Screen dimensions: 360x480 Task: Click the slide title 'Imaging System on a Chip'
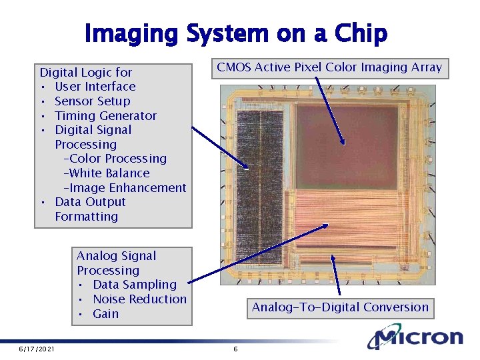point(236,33)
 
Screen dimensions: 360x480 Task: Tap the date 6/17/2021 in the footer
point(37,349)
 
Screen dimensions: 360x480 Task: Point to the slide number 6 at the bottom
point(235,349)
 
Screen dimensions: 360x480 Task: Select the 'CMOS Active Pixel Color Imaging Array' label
point(329,67)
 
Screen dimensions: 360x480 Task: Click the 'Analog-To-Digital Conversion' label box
point(340,307)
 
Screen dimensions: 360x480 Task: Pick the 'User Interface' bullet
point(95,87)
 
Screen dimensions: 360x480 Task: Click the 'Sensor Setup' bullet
point(92,101)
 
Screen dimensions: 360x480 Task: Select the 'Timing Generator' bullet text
point(105,116)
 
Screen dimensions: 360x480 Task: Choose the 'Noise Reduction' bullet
point(139,299)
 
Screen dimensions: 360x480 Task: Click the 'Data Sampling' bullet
point(135,285)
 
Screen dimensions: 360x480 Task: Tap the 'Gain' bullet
point(105,314)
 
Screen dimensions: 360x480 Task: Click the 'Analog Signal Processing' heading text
point(116,263)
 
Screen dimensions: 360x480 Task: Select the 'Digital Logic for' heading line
point(86,72)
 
